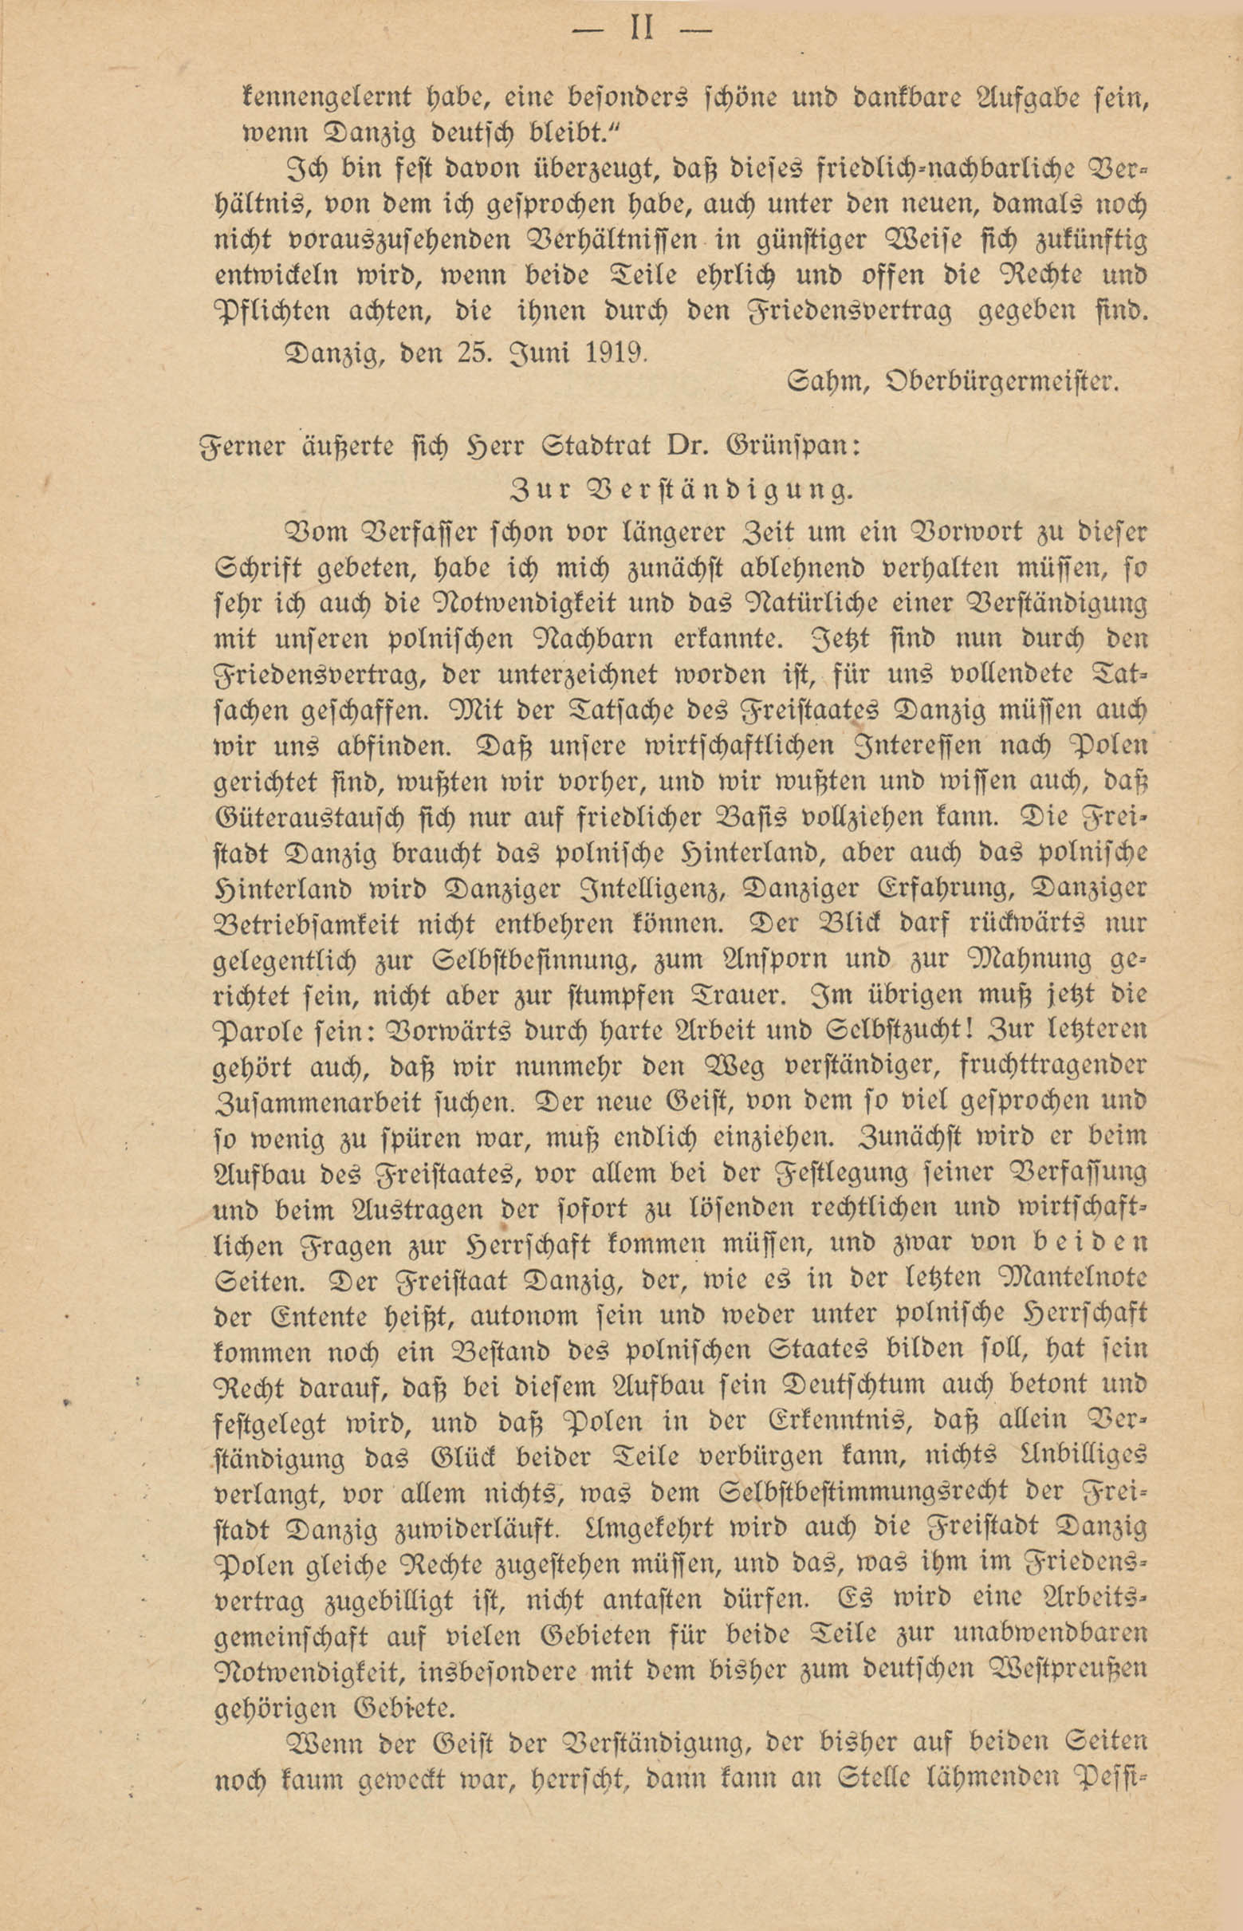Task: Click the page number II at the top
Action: [642, 31]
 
